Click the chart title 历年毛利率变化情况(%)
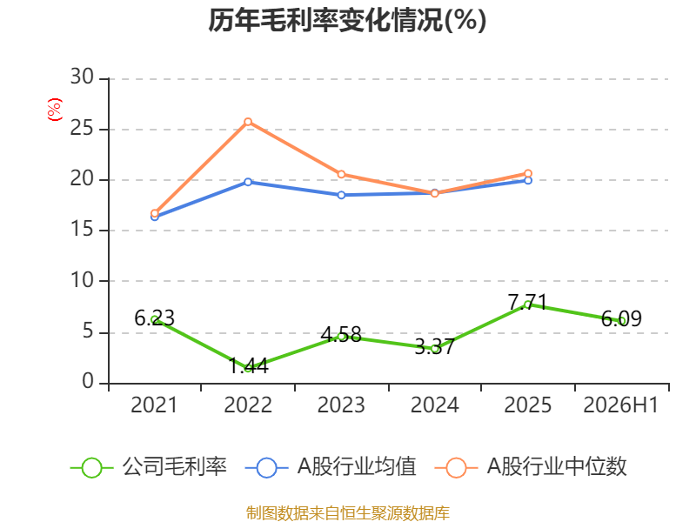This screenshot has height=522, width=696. pyautogui.click(x=347, y=20)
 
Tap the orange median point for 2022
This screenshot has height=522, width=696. pyautogui.click(x=248, y=122)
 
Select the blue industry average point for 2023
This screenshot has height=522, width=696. pyautogui.click(x=341, y=195)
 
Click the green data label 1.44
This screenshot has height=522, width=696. pyautogui.click(x=249, y=366)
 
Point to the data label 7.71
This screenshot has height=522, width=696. pyautogui.click(x=527, y=303)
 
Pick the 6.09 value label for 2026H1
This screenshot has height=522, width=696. pyautogui.click(x=621, y=318)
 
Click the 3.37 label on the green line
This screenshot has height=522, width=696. pyautogui.click(x=435, y=346)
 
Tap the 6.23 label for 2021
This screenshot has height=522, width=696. pyautogui.click(x=155, y=318)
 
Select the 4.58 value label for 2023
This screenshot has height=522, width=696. pyautogui.click(x=341, y=335)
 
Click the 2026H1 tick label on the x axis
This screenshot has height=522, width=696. pyautogui.click(x=621, y=405)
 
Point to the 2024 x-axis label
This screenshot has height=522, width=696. pyautogui.click(x=434, y=405)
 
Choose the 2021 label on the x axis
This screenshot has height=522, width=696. pyautogui.click(x=154, y=405)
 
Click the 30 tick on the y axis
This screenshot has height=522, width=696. pyautogui.click(x=82, y=77)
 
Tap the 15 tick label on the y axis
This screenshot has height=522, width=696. pyautogui.click(x=82, y=229)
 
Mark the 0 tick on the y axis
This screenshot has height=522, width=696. pyautogui.click(x=88, y=381)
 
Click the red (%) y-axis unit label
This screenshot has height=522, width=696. pyautogui.click(x=55, y=110)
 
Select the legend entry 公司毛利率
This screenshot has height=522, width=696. pyautogui.click(x=149, y=467)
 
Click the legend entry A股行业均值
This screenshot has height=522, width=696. pyautogui.click(x=331, y=467)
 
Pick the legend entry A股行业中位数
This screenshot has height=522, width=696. pyautogui.click(x=531, y=467)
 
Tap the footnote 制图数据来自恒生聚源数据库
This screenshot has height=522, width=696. pyautogui.click(x=347, y=513)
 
